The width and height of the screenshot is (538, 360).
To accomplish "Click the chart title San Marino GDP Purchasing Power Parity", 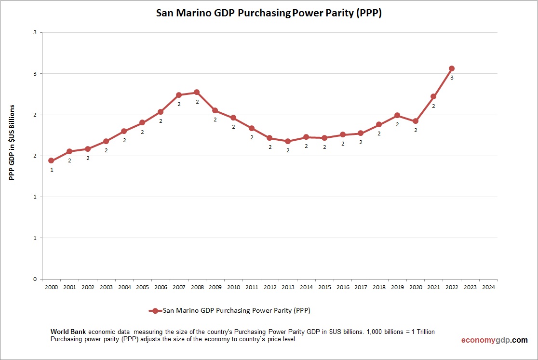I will click(269, 13).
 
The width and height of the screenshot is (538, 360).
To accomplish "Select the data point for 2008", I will click(197, 92).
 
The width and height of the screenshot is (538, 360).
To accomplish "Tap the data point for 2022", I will click(452, 68).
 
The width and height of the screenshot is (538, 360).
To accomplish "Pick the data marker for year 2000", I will click(51, 160).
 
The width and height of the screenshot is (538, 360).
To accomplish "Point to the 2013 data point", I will click(288, 141).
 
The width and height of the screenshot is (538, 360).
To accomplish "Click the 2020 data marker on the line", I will click(415, 121).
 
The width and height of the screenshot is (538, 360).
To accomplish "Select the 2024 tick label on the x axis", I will click(488, 287).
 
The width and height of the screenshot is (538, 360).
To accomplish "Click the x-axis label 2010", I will click(233, 287).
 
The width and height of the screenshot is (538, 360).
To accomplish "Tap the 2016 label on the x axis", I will click(343, 287).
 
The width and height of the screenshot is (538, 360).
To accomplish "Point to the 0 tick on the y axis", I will click(35, 279).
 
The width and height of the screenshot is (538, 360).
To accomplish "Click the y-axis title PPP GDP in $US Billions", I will click(13, 142).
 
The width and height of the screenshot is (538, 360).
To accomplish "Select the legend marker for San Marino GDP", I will click(155, 311).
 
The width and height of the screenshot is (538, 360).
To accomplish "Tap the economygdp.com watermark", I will click(494, 340).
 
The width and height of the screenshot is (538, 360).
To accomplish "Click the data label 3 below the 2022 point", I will click(452, 78).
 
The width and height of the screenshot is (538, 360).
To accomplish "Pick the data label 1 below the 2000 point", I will click(52, 170).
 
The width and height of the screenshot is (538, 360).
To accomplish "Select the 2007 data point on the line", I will click(179, 95).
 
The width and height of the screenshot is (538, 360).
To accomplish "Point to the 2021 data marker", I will click(433, 96).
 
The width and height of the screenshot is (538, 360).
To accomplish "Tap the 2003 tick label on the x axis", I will click(106, 287).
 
